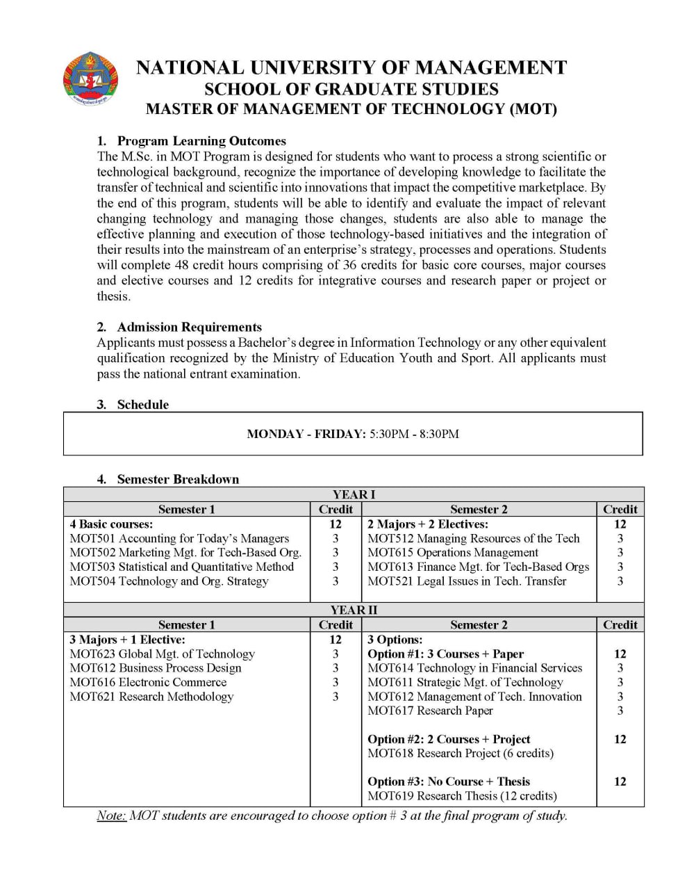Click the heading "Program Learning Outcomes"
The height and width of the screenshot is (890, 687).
click(201, 140)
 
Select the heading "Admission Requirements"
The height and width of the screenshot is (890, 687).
click(189, 327)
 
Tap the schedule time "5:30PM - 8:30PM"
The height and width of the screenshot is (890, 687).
click(414, 434)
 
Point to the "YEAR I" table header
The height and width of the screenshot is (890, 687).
click(354, 494)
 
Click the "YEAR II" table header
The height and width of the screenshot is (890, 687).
click(354, 610)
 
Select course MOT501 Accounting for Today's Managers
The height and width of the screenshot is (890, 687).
click(179, 538)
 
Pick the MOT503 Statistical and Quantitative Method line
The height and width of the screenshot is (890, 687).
click(181, 567)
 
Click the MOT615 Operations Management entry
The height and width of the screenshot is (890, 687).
click(452, 552)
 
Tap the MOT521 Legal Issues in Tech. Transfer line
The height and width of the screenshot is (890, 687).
click(467, 581)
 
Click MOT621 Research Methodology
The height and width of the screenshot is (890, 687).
click(151, 697)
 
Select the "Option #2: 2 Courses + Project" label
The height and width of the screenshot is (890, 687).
click(448, 739)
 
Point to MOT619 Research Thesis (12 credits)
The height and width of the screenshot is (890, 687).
click(462, 795)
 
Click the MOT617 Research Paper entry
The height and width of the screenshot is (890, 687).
click(430, 711)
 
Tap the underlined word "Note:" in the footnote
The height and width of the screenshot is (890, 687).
click(111, 816)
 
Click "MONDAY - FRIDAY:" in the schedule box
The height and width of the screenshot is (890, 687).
click(306, 434)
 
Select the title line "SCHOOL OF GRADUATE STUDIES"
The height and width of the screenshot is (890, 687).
click(351, 89)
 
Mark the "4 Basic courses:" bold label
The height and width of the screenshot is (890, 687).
click(111, 524)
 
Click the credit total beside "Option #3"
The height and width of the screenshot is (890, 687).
click(620, 782)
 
